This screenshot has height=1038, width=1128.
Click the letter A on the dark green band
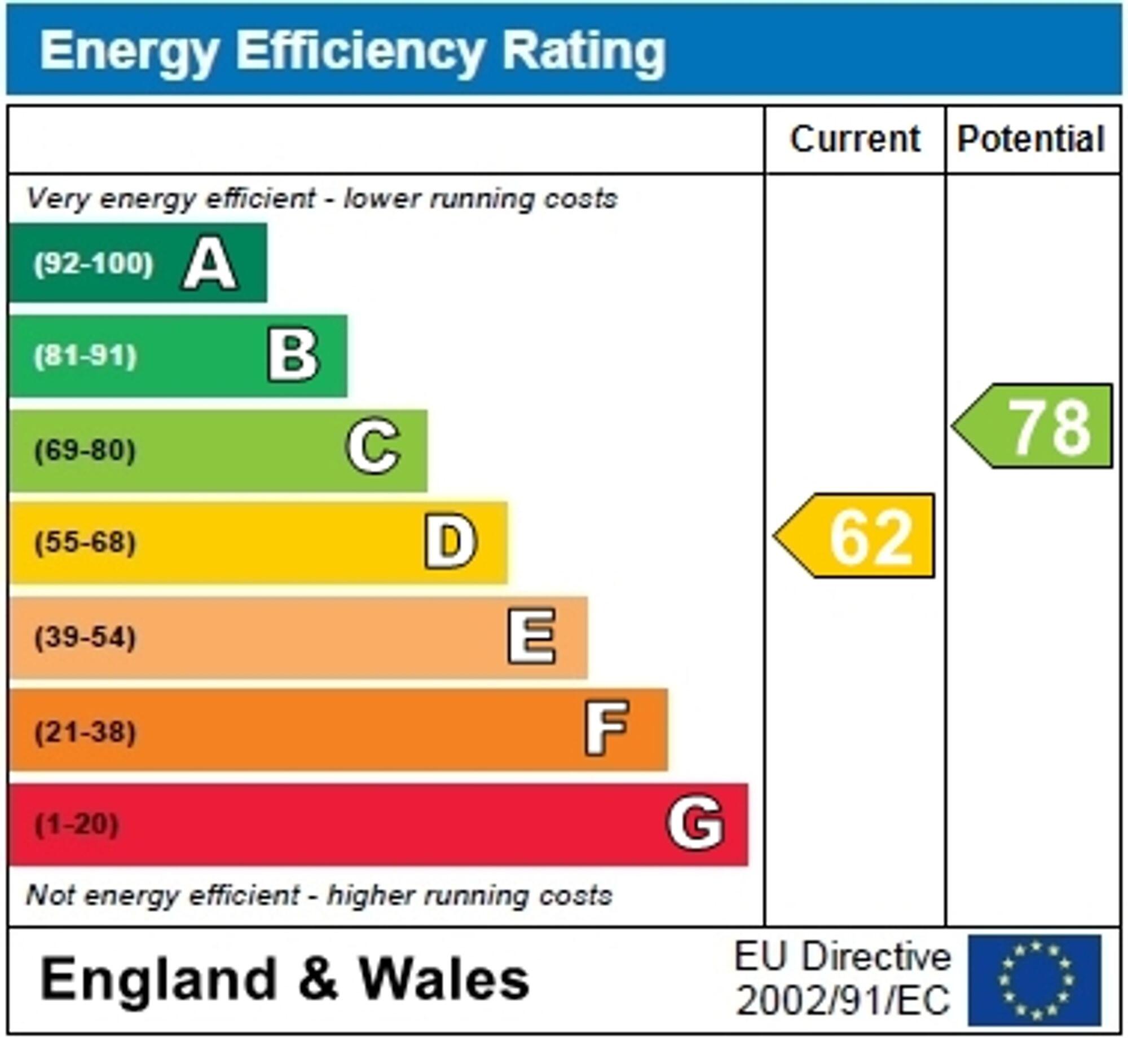[209, 263]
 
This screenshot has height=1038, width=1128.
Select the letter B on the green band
[293, 356]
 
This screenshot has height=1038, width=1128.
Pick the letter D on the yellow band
[451, 542]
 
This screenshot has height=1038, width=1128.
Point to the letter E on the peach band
[531, 637]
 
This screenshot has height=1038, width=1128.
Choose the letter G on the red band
[695, 824]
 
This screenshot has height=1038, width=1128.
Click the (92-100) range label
[93, 264]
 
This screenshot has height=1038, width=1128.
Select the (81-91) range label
[85, 356]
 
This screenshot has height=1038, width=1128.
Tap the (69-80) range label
[85, 450]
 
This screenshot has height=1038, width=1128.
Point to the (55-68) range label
[85, 543]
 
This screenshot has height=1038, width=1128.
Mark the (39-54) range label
[85, 637]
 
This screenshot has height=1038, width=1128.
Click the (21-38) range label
[85, 732]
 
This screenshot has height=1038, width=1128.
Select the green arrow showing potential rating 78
[1035, 426]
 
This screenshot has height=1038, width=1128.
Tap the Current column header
[855, 139]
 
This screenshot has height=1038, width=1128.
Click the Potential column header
[1031, 139]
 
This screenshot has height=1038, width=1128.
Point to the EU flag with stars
[1035, 981]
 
